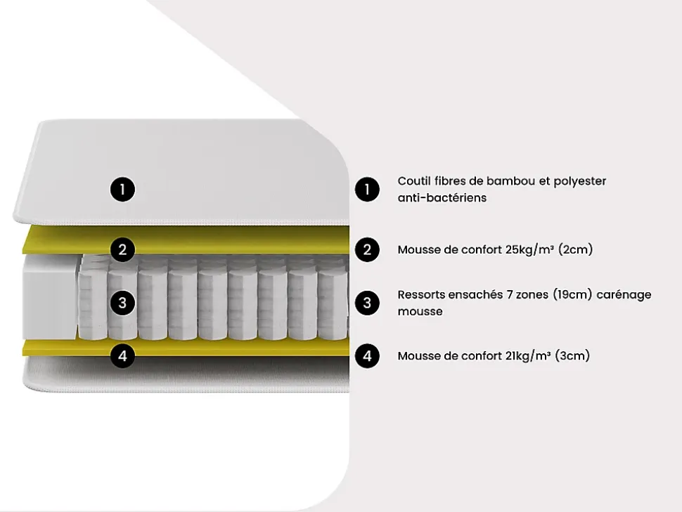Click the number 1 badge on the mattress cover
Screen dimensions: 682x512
click(122, 190)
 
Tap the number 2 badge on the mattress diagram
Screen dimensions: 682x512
click(122, 249)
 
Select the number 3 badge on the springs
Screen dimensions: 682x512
click(122, 303)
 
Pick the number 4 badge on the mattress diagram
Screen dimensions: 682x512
click(122, 356)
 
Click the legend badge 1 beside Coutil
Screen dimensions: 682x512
click(367, 190)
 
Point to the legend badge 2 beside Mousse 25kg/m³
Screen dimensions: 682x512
click(367, 249)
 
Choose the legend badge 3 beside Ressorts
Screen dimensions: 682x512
click(367, 303)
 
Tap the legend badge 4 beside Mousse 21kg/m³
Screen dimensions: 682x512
click(367, 356)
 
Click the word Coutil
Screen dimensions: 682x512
click(413, 180)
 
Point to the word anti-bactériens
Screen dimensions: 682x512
click(442, 198)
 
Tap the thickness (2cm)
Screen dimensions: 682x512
click(575, 249)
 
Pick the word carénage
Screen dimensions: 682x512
click(624, 295)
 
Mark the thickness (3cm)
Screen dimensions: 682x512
click(572, 355)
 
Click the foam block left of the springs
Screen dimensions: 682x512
click(49, 297)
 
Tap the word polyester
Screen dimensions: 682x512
click(580, 181)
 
